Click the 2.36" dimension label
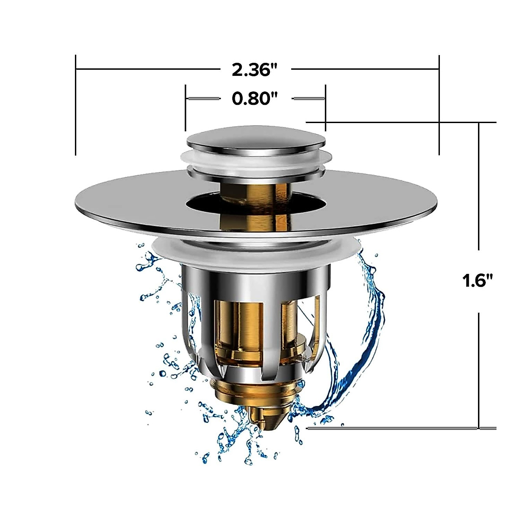click(x=254, y=70)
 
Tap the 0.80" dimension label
click(x=254, y=99)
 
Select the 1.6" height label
click(x=478, y=281)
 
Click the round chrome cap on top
click(x=256, y=138)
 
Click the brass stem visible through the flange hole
click(x=256, y=191)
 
